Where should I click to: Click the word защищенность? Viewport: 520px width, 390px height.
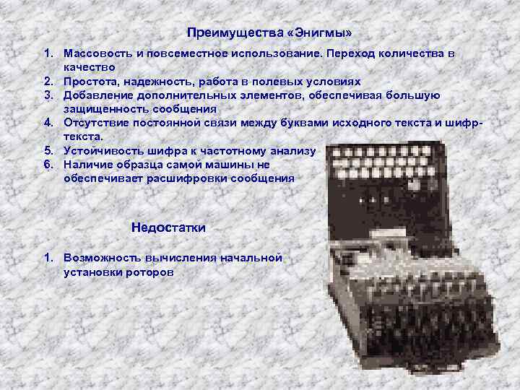[x=105, y=109]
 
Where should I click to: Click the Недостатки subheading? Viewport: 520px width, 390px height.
[x=168, y=227]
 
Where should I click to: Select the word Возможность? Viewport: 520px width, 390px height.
[x=102, y=258]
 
